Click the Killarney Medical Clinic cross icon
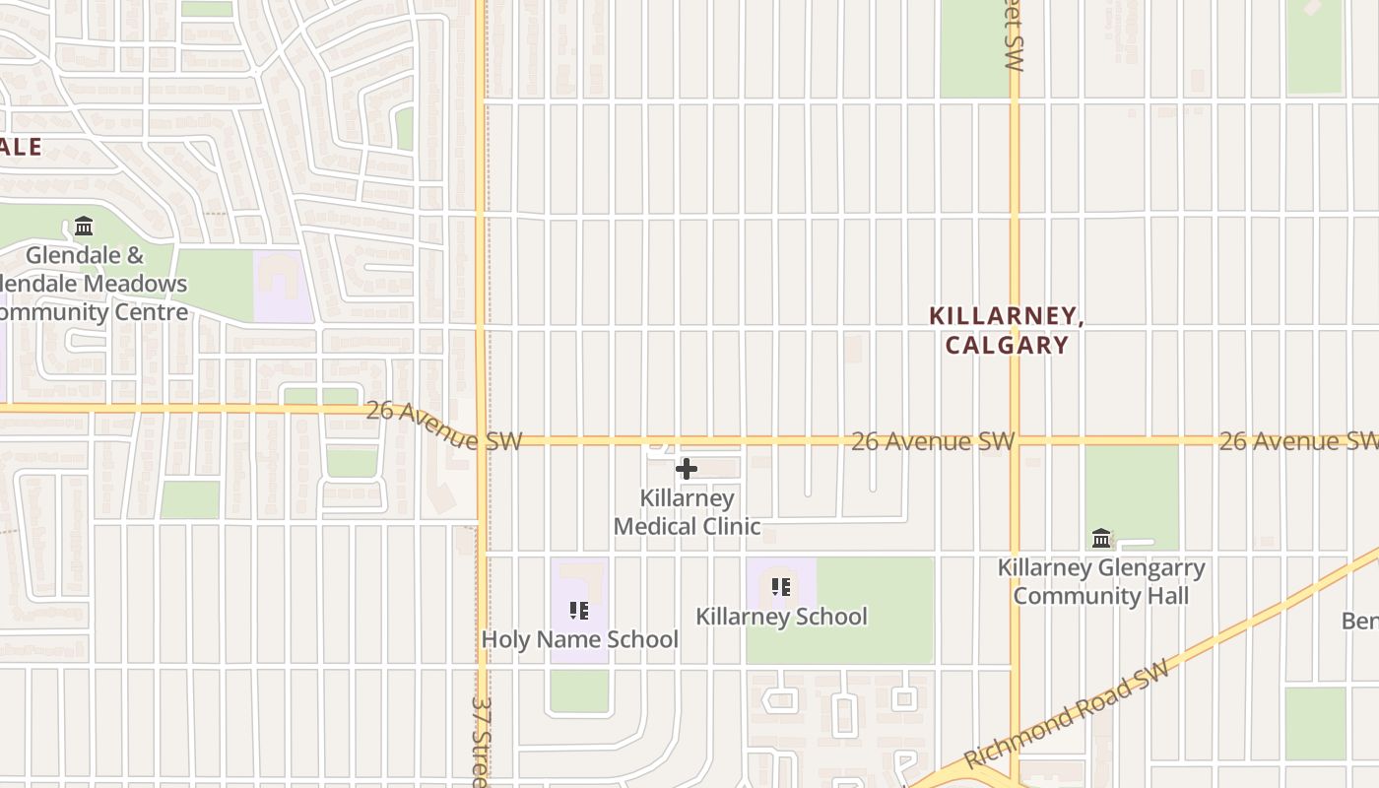click(687, 469)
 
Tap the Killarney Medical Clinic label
click(688, 512)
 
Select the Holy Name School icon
click(579, 611)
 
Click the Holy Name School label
click(579, 639)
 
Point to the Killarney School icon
click(781, 588)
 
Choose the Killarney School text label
click(781, 617)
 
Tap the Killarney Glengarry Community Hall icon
click(1101, 539)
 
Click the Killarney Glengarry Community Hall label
click(1101, 581)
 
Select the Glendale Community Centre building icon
click(84, 227)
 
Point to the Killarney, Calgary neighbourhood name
click(1007, 330)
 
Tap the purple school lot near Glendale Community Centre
click(284, 287)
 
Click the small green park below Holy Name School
click(579, 690)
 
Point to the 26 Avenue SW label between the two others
click(932, 441)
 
